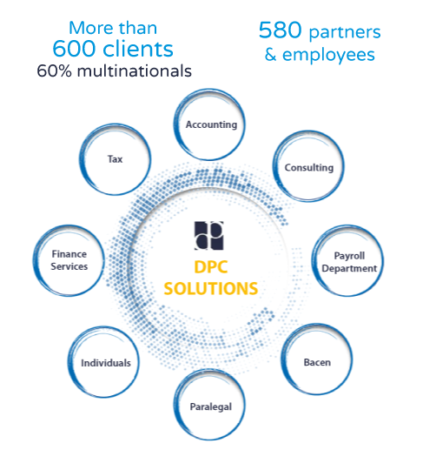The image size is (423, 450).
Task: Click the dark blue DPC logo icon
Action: [208, 236]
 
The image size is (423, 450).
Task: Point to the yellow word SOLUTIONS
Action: [211, 288]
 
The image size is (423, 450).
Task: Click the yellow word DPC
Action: [211, 266]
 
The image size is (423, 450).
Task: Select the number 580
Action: [280, 30]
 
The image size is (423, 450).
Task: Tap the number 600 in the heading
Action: [74, 48]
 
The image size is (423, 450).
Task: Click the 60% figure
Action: [54, 71]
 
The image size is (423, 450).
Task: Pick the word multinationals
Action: [135, 71]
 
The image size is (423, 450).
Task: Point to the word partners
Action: [345, 32]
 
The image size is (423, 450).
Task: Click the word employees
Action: [328, 55]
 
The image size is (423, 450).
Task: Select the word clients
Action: [138, 48]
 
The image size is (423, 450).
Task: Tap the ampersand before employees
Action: [270, 55]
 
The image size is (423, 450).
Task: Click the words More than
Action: [113, 28]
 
